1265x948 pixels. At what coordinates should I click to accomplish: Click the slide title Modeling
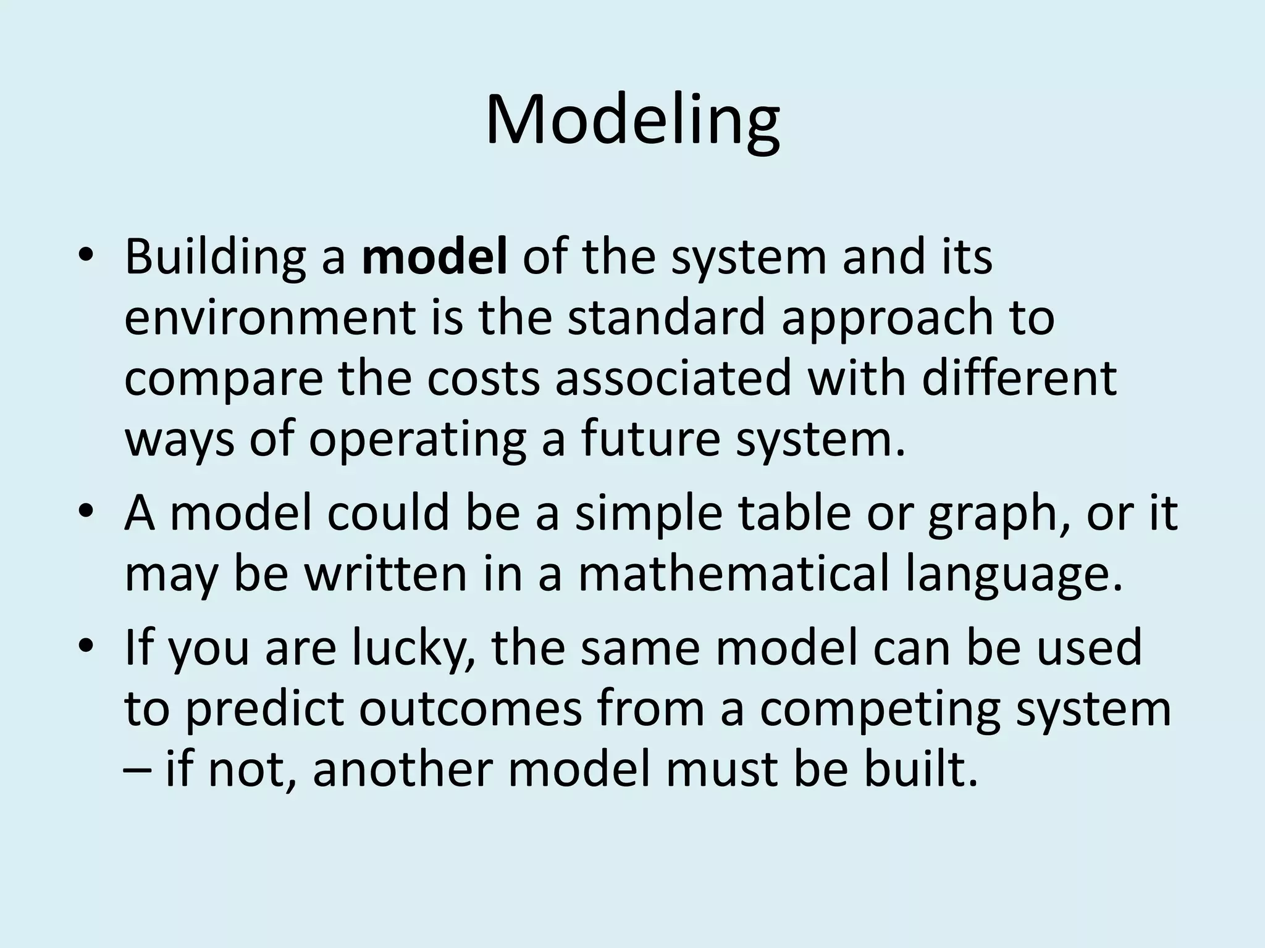click(x=632, y=120)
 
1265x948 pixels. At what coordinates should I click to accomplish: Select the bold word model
click(x=434, y=257)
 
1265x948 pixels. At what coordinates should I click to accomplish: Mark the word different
click(x=1019, y=378)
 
